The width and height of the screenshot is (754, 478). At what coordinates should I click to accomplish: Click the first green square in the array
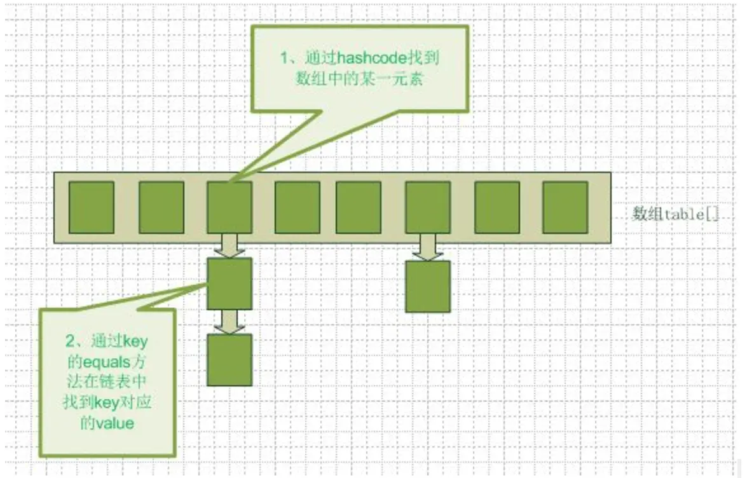[x=92, y=207]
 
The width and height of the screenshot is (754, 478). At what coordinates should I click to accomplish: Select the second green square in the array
[x=161, y=207]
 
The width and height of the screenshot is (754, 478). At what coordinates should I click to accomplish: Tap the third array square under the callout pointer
[x=230, y=207]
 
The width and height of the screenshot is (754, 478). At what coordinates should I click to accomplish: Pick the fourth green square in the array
[x=298, y=207]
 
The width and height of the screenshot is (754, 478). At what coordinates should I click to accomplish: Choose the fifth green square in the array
[x=359, y=207]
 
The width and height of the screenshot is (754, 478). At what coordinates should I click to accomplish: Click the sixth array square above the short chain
[x=428, y=207]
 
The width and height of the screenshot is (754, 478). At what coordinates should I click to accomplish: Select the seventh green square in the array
[x=497, y=207]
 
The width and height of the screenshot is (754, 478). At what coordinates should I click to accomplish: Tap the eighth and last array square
[x=565, y=207]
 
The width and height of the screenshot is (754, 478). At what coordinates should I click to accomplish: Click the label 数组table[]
[x=676, y=214]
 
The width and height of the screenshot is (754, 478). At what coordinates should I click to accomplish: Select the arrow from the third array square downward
[x=229, y=245]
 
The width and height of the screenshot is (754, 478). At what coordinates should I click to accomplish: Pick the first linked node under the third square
[x=230, y=283]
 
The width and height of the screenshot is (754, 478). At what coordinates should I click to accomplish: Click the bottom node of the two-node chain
[x=230, y=360]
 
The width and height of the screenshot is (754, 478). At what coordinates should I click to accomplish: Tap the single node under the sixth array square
[x=428, y=286]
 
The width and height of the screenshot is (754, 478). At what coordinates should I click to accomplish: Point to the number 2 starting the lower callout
[x=70, y=342]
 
